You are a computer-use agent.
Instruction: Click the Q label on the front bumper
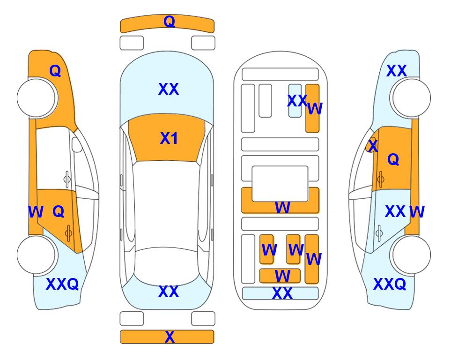pos(169,22)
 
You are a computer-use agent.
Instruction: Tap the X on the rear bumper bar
pos(170,337)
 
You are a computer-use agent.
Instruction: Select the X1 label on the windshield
pos(169,138)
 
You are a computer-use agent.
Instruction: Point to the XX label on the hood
pos(169,89)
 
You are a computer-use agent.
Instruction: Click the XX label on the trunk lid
pos(169,292)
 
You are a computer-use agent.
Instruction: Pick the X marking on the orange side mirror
pos(373,146)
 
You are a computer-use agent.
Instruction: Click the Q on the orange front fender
pos(55,71)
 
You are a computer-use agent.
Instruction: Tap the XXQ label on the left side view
pos(62,284)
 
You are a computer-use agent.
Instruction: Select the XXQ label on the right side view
pos(390,284)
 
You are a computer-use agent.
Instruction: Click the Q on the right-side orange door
pos(393,159)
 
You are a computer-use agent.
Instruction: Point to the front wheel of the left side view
pos(37,98)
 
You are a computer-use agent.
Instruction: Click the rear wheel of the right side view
pos(411,255)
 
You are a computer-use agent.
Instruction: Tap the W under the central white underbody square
pos(282,207)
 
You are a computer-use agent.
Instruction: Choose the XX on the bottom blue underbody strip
pos(282,293)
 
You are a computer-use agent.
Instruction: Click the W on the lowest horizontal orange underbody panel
pos(282,276)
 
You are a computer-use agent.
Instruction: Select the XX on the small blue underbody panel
pos(297,101)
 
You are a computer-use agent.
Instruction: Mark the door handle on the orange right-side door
pos(381,179)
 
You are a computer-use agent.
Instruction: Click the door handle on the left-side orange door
pos(68,233)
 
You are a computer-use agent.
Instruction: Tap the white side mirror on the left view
pos(77,144)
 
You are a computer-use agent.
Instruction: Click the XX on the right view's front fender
pos(396,71)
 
